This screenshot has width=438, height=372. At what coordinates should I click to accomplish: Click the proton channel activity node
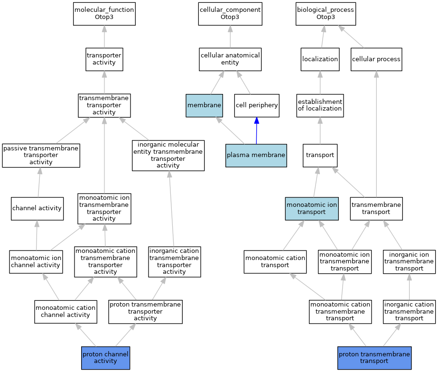pos(106,358)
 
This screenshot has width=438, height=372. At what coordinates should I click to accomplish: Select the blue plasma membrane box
pos(256,156)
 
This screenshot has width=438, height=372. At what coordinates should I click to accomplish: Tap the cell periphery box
pos(257,105)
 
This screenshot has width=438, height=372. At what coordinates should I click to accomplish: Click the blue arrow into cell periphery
pos(256,130)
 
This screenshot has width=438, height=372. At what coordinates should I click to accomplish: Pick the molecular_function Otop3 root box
pos(104,14)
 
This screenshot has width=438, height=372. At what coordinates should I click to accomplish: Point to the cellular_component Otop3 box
pos(230,14)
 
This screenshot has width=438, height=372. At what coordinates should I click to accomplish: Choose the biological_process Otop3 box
pos(326,14)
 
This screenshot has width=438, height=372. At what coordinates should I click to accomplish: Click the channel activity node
pos(37,209)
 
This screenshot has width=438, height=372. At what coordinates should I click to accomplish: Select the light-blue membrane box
pos(204,105)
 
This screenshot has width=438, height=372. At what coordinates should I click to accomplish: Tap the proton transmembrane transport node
pos(374,358)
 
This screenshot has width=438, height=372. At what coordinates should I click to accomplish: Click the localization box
pos(320,59)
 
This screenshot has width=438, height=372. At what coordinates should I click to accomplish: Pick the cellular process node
pos(376,59)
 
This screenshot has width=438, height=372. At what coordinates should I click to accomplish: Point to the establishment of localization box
pos(320,105)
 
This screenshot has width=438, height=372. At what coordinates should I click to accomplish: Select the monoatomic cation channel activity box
pos(65,312)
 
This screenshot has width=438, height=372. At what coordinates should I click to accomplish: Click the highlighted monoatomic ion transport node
pos(312,209)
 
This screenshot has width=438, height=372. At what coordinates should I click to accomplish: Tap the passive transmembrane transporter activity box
pos(41,156)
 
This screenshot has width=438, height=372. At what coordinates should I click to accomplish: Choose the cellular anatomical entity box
pos(230,59)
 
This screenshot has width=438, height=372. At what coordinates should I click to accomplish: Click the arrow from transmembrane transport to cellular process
pos(376,134)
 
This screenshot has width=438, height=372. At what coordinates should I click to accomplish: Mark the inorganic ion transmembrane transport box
pos(409,262)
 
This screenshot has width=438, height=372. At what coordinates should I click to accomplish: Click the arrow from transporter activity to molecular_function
pos(104,37)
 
